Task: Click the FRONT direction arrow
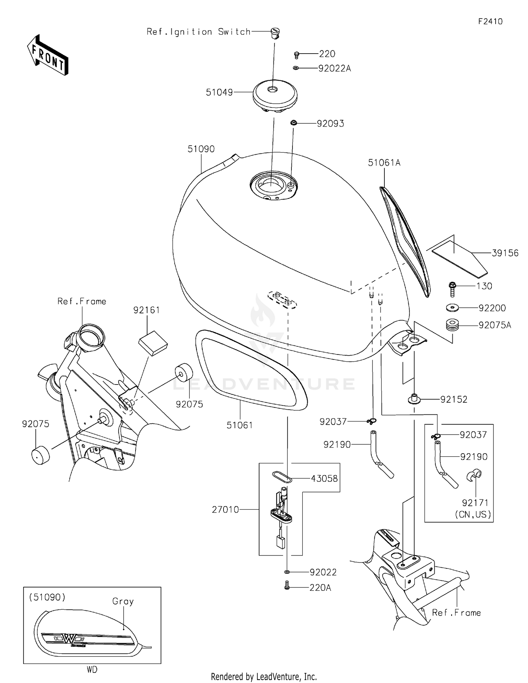(48, 55)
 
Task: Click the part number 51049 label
(219, 92)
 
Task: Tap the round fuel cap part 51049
(275, 94)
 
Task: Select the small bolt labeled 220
(296, 55)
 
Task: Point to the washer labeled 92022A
(296, 68)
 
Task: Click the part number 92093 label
(330, 124)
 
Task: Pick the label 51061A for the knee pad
(384, 163)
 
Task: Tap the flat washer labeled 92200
(452, 308)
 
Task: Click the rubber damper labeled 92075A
(452, 325)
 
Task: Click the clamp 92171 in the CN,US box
(474, 476)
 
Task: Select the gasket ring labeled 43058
(282, 477)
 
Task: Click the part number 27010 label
(225, 510)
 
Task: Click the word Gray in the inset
(123, 601)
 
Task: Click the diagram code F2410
(490, 21)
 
